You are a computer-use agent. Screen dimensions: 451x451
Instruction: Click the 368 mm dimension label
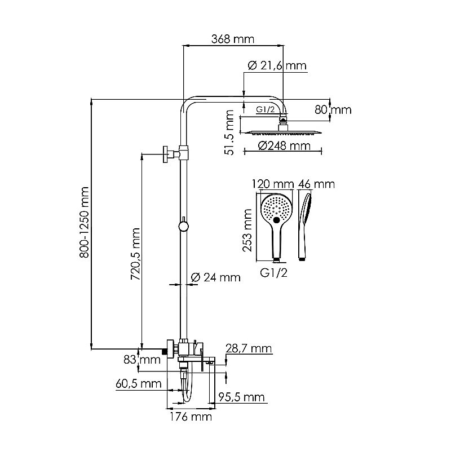233,39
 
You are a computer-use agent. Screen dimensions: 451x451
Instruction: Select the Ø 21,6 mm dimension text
277,66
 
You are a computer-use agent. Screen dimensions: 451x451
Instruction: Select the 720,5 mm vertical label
136,251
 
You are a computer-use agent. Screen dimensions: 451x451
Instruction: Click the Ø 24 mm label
216,277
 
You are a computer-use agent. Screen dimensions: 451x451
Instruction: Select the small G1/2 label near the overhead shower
265,110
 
